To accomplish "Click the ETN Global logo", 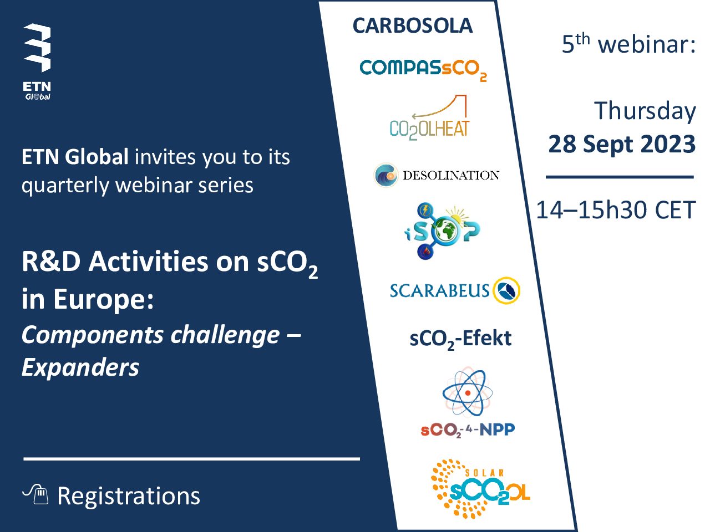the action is pyautogui.click(x=37, y=62).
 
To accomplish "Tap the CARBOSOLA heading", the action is pyautogui.click(x=413, y=25).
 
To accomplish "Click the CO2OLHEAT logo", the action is pyautogui.click(x=429, y=117).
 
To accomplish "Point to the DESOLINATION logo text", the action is pyautogui.click(x=451, y=175).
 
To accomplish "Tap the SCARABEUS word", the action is pyautogui.click(x=439, y=290).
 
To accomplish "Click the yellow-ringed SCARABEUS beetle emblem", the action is pyautogui.click(x=506, y=290).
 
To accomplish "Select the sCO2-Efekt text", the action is pyautogui.click(x=460, y=339).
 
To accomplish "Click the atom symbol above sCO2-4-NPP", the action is pyautogui.click(x=468, y=393).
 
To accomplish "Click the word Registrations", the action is pyautogui.click(x=129, y=496).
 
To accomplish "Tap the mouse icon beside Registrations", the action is pyautogui.click(x=36, y=494).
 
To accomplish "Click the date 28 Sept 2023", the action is pyautogui.click(x=622, y=144).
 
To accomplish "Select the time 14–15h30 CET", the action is pyautogui.click(x=616, y=210).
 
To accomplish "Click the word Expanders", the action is pyautogui.click(x=80, y=368).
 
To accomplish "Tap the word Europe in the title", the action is pyautogui.click(x=103, y=300).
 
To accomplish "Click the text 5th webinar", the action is pyautogui.click(x=629, y=43).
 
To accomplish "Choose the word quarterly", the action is pyautogui.click(x=65, y=186).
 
